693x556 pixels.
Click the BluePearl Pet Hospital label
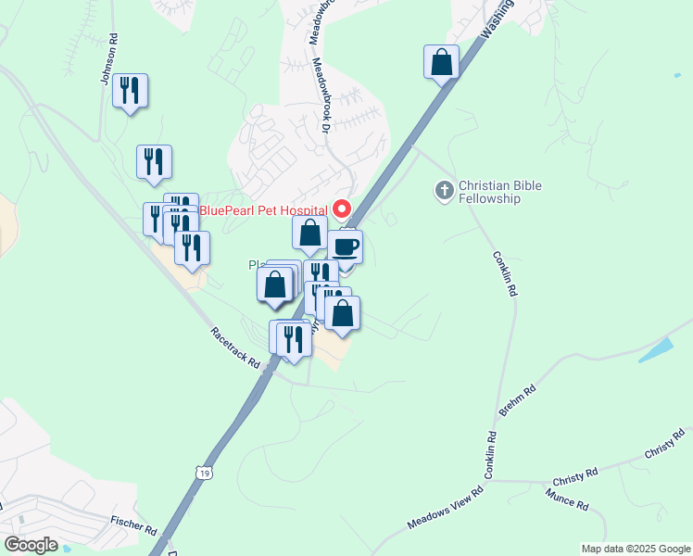(x=264, y=209)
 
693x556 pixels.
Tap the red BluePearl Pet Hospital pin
(x=342, y=208)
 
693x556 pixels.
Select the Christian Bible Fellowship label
(x=499, y=192)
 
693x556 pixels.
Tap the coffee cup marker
(x=345, y=247)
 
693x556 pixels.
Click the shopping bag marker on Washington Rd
(x=442, y=63)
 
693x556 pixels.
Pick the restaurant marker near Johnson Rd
(x=130, y=91)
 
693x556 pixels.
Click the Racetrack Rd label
(x=234, y=347)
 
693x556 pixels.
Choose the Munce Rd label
(x=568, y=502)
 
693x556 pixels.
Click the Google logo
(x=31, y=545)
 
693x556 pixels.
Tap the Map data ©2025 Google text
(x=636, y=549)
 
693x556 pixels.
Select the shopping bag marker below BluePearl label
(x=309, y=234)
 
